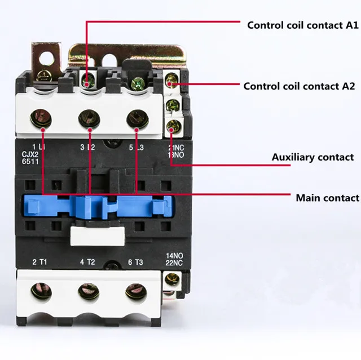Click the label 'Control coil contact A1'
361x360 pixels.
click(x=303, y=25)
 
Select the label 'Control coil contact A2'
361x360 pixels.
click(x=299, y=86)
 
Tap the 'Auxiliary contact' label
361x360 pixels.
click(x=312, y=157)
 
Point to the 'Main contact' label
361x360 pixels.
click(x=327, y=198)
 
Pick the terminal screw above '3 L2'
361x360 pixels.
click(x=89, y=119)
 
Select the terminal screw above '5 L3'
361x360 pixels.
click(x=136, y=118)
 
